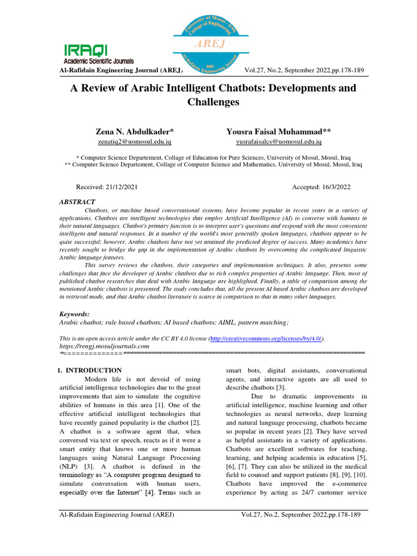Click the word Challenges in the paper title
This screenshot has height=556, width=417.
[x=213, y=102]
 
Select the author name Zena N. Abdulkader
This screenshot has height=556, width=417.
[x=135, y=131]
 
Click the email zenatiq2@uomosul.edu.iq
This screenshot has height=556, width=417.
[x=135, y=142]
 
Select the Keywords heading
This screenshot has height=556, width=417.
[x=74, y=314]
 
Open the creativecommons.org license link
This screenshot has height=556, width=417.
[x=266, y=338]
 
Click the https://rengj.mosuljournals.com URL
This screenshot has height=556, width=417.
[x=104, y=345]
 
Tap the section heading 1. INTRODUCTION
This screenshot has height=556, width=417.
[x=89, y=370]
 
